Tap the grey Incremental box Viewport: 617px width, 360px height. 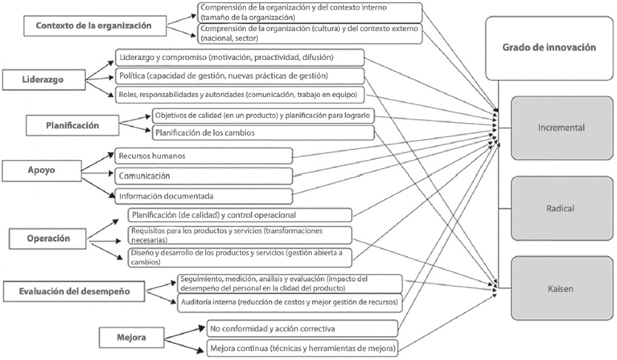[x=561, y=127]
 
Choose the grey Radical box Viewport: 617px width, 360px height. [x=561, y=208]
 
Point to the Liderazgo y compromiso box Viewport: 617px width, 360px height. [x=239, y=57]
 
